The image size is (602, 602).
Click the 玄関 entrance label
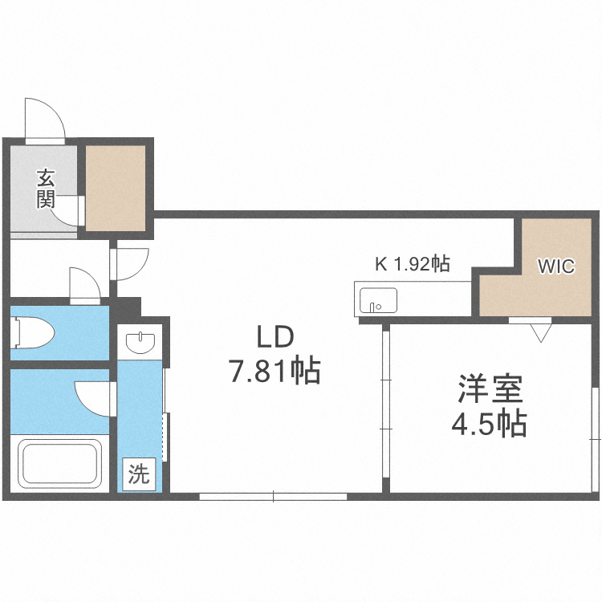coord(45,188)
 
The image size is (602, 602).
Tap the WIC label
coord(556,266)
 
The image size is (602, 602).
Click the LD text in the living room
coord(276,337)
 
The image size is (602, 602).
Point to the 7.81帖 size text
coord(275,371)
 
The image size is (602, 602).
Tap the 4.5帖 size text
coord(489,422)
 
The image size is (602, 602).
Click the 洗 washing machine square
coord(138,474)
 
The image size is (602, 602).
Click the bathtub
coord(63,466)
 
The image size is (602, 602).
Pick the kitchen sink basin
coord(377,301)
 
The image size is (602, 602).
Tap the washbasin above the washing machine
coord(141,341)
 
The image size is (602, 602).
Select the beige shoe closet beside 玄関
coord(116,187)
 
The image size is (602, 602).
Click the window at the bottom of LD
coord(273,497)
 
